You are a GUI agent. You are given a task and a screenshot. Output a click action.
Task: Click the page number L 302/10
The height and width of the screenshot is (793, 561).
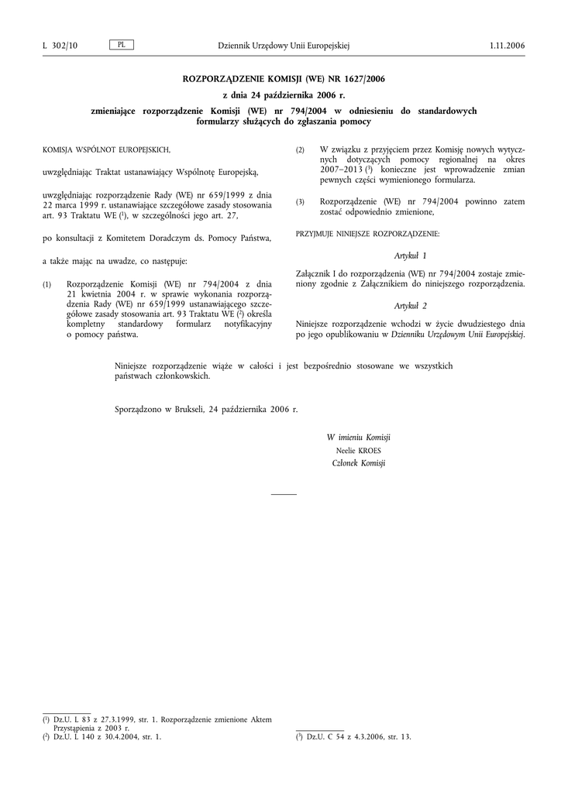click(60, 46)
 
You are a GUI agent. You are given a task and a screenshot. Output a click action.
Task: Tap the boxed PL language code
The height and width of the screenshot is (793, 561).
click(122, 45)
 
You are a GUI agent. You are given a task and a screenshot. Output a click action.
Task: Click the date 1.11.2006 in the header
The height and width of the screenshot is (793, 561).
click(507, 46)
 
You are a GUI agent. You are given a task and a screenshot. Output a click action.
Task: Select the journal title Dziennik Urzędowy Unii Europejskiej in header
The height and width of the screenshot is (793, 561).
click(284, 46)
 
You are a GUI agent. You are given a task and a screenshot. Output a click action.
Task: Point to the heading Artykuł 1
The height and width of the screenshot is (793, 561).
click(411, 256)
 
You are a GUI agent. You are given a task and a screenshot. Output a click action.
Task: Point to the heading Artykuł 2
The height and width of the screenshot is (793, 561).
click(411, 306)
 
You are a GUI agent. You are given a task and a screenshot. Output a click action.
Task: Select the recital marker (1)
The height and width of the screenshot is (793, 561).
click(47, 284)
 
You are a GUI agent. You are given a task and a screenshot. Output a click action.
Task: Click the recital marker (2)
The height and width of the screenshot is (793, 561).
click(301, 149)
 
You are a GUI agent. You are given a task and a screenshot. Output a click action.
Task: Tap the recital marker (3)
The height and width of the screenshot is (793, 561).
click(301, 202)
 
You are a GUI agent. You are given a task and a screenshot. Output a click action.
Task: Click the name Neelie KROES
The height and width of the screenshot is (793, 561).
click(358, 450)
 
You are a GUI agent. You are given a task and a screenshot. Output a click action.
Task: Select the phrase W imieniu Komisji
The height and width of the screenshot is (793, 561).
click(358, 438)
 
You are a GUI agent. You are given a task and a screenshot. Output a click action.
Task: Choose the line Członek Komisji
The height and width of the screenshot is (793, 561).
click(358, 463)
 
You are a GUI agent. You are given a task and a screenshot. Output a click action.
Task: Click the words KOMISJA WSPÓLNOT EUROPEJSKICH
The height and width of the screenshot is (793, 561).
click(106, 149)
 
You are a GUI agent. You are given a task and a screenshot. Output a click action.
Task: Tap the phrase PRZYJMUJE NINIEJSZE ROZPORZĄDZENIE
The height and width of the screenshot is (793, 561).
click(368, 233)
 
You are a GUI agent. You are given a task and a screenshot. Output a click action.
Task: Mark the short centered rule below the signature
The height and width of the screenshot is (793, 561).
click(284, 494)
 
